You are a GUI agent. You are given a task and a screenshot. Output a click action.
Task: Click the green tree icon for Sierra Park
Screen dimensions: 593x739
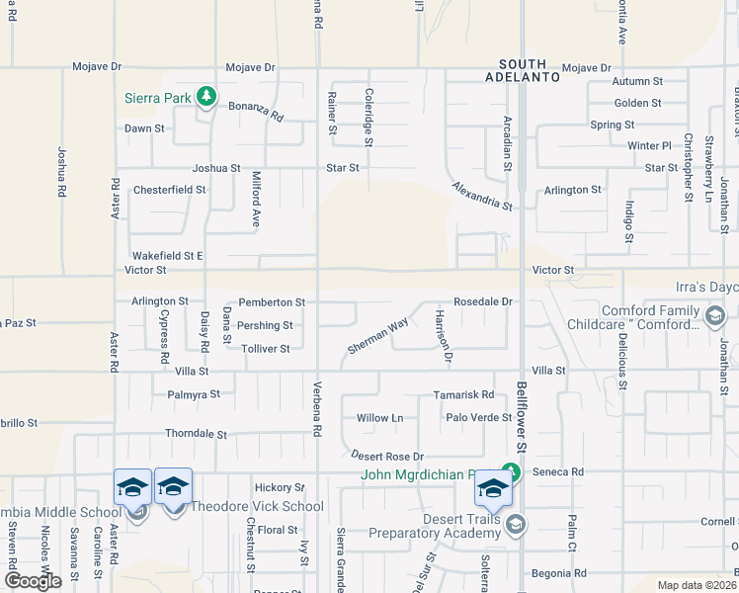(205, 96)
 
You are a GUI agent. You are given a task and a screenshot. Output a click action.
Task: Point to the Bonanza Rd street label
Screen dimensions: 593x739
(256, 111)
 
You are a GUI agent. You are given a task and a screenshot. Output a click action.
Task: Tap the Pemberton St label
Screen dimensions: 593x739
(272, 301)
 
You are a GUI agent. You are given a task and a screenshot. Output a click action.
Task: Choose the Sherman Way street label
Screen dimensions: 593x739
(377, 337)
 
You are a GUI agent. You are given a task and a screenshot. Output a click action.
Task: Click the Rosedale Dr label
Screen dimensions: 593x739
(482, 301)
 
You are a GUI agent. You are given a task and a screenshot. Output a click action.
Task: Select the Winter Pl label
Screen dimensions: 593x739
(649, 145)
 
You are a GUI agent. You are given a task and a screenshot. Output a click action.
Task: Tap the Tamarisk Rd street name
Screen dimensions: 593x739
(463, 394)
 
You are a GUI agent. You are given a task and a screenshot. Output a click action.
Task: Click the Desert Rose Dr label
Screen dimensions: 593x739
(387, 456)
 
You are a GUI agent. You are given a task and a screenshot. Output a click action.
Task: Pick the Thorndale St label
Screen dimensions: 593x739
(196, 434)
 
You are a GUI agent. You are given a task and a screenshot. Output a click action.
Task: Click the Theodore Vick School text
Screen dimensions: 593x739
(256, 507)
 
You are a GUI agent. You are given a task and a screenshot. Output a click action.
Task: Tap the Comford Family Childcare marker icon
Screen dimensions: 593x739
(716, 316)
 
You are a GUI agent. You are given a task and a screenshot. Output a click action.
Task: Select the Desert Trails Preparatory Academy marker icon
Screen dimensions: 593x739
(514, 525)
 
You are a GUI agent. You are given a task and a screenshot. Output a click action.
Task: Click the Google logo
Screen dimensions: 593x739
(33, 581)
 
